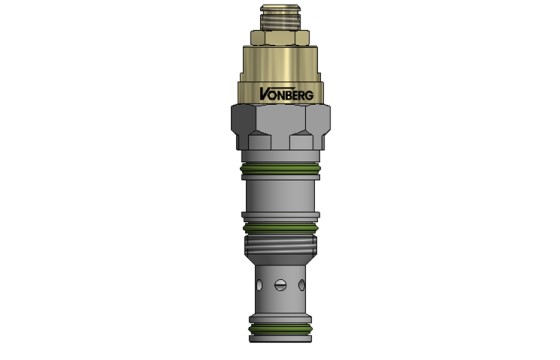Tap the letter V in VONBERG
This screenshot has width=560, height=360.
(262, 95)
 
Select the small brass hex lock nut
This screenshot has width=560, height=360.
(280, 39)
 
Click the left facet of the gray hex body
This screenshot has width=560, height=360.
(244, 128)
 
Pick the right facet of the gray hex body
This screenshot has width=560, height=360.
(317, 128)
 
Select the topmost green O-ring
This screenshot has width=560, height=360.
(280, 171)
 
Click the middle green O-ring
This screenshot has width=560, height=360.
(280, 228)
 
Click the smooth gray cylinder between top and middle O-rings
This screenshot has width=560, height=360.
(280, 195)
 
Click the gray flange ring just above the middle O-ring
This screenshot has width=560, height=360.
(280, 216)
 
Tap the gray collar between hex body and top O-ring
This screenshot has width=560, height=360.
(280, 157)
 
